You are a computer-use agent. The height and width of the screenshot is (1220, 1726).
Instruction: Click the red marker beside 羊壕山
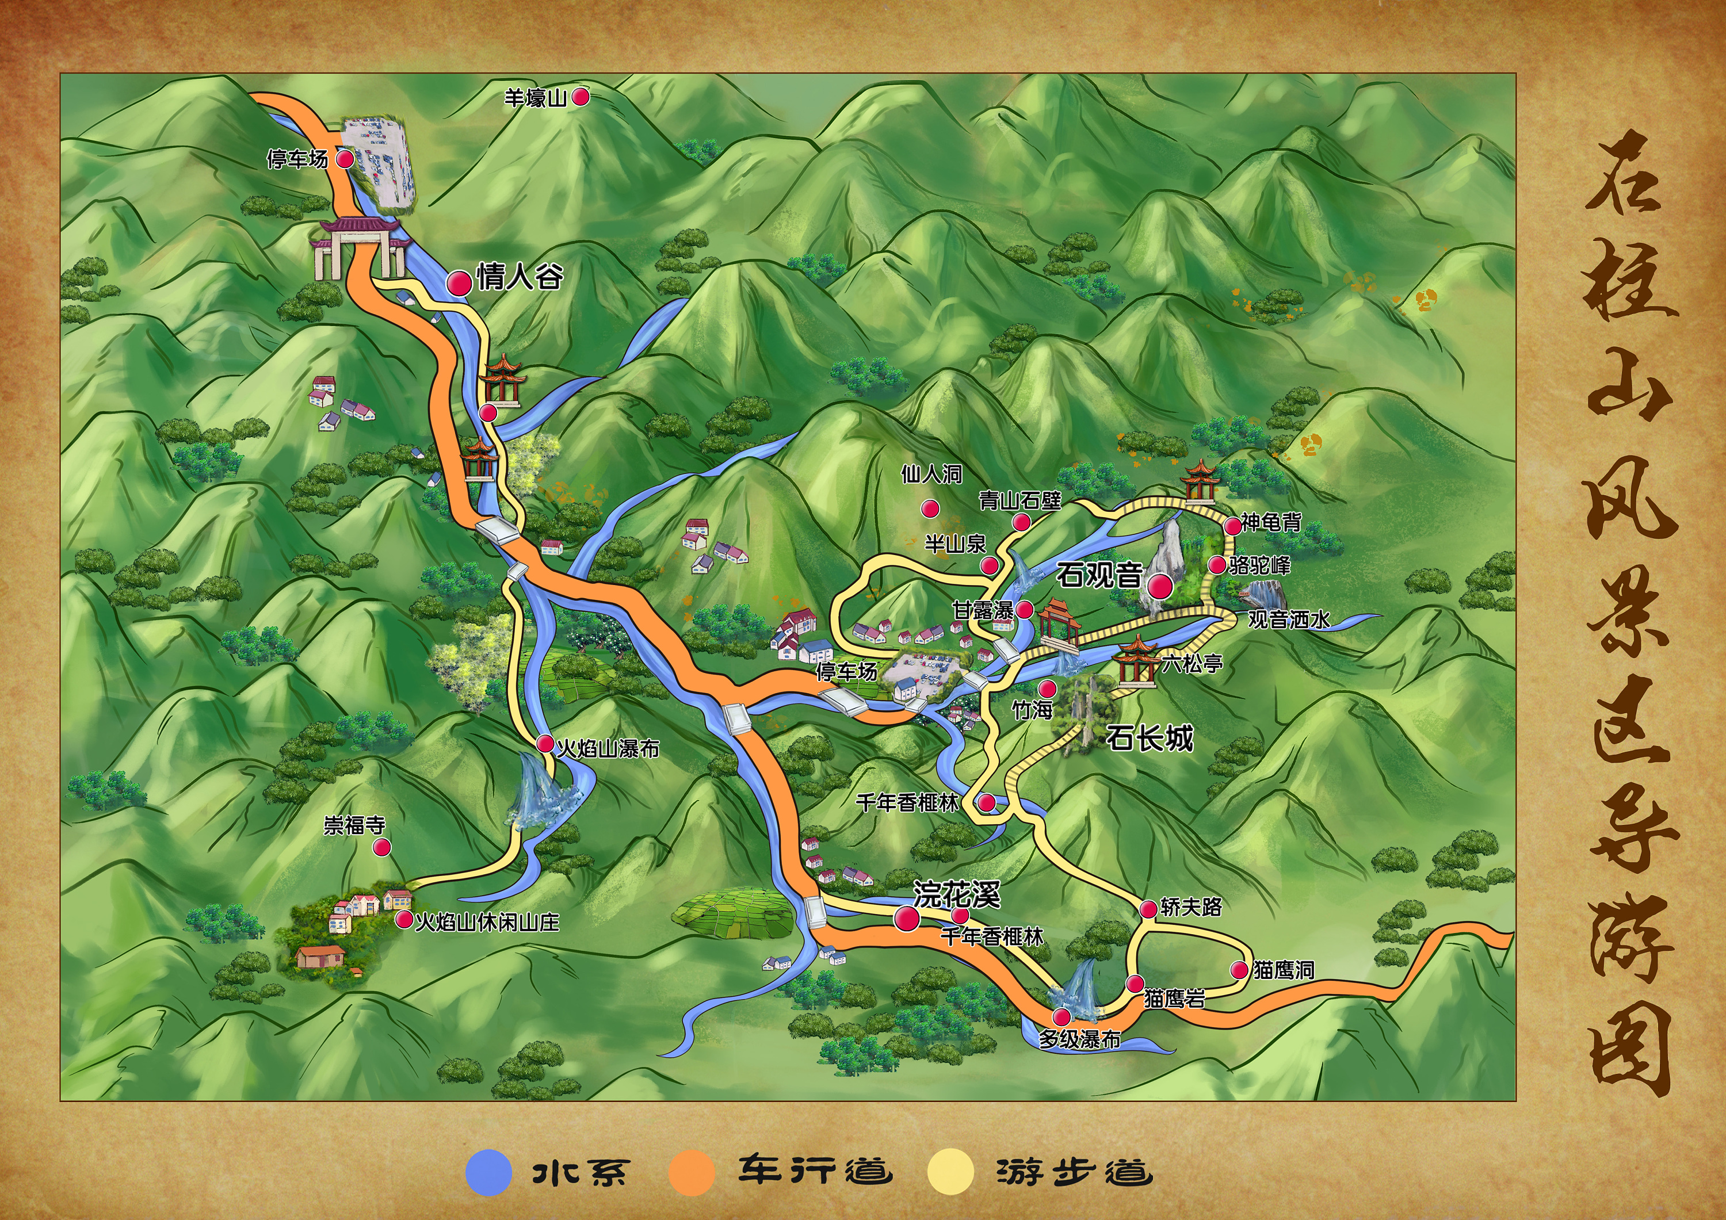(581, 96)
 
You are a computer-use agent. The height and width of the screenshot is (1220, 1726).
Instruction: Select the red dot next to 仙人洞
(931, 509)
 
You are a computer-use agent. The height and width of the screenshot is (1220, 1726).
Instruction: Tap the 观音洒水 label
(1289, 619)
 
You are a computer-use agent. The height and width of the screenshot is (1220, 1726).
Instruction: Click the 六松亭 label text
(1192, 663)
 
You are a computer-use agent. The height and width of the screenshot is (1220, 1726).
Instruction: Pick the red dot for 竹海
(1047, 689)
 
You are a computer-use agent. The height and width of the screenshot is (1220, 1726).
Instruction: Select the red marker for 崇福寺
(382, 847)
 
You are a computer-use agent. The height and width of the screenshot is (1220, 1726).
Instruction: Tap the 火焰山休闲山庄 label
(487, 921)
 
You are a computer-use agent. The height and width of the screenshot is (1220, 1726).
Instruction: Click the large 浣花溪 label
(956, 894)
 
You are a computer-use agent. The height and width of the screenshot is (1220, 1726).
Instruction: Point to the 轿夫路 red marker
(1148, 909)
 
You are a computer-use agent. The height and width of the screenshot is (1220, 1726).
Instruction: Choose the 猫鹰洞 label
(1283, 970)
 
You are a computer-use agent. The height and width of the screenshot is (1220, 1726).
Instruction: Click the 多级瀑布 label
(1079, 1039)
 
